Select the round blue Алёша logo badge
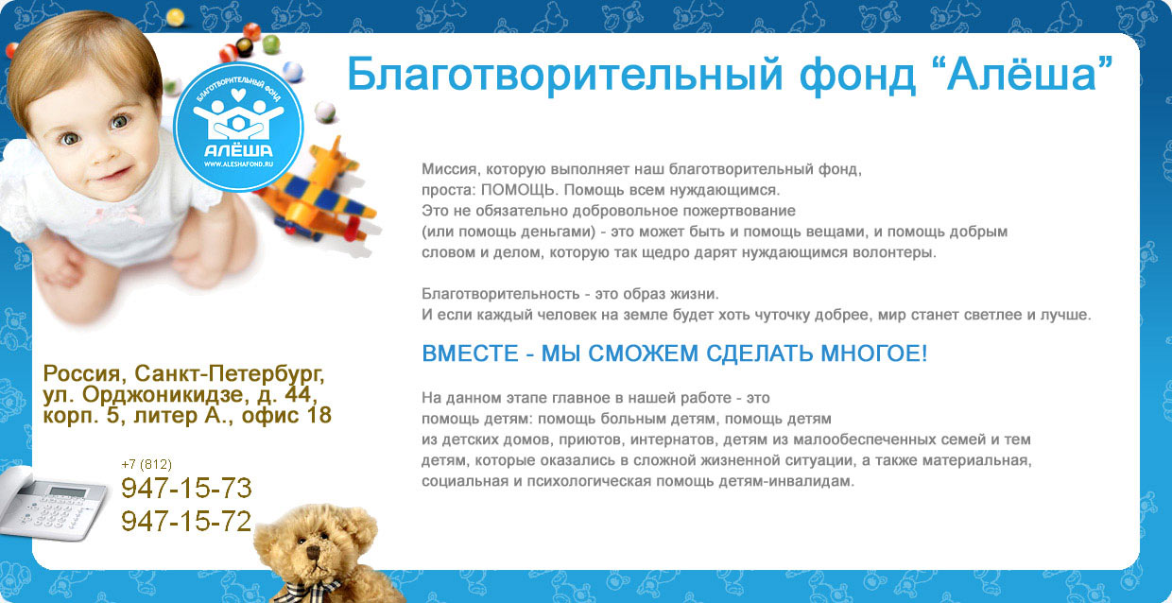[x=238, y=127]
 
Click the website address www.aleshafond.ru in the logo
[x=238, y=164]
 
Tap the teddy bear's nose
[x=314, y=553]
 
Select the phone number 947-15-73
[x=186, y=489]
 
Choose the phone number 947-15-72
[x=186, y=522]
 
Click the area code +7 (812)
[x=146, y=464]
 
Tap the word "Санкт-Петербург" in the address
[x=230, y=374]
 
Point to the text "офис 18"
[x=286, y=415]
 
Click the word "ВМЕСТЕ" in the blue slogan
[x=470, y=353]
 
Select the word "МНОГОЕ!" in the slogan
[x=873, y=353]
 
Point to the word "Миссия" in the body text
[x=450, y=169]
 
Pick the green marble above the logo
[x=271, y=44]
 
